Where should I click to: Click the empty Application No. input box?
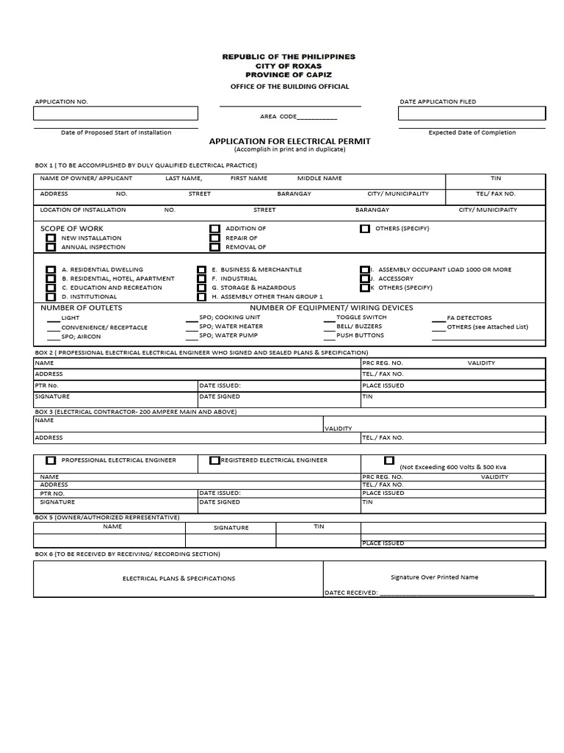point(115,113)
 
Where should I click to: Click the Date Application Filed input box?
point(471,113)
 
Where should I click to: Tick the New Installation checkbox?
point(51,238)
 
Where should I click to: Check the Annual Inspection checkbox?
point(51,248)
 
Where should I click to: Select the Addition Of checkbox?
point(214,229)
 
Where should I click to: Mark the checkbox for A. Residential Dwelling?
point(51,270)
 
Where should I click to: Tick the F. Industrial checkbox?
point(201,279)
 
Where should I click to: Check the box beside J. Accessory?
point(365,279)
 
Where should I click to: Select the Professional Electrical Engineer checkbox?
point(51,460)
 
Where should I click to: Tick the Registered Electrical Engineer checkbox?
point(214,460)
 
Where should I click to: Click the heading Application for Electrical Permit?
point(289,140)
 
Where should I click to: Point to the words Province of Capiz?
point(289,75)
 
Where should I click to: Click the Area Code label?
point(278,116)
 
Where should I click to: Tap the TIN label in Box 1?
point(496,178)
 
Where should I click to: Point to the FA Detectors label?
point(469,318)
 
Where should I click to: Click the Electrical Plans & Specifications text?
point(178,579)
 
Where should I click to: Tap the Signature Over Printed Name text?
point(434,577)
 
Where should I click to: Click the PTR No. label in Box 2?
point(47,385)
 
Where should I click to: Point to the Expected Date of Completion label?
point(472,132)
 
